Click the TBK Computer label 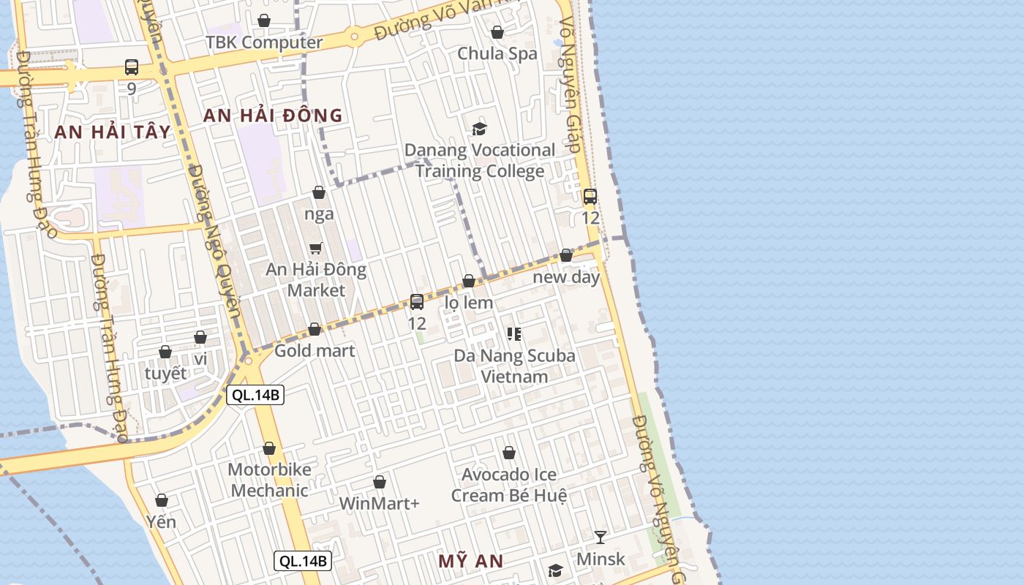pos(264,42)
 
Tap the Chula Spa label pos(497,53)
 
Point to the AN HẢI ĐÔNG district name pos(273,116)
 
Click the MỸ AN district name pos(471,562)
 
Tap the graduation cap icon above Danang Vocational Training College pos(479,129)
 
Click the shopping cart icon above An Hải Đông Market pos(316,248)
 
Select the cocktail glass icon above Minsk pos(601,537)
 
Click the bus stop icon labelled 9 pos(132,68)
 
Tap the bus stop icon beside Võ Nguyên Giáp pos(590,197)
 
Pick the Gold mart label pos(315,351)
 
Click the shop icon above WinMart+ pos(380,483)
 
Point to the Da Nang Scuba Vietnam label pos(514,366)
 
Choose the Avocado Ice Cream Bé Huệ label pos(509,485)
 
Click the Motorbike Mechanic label pos(269,480)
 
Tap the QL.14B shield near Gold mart pos(255,396)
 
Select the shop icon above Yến pos(162,501)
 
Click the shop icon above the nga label pos(319,193)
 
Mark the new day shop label pos(566,277)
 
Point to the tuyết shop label pos(165,373)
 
